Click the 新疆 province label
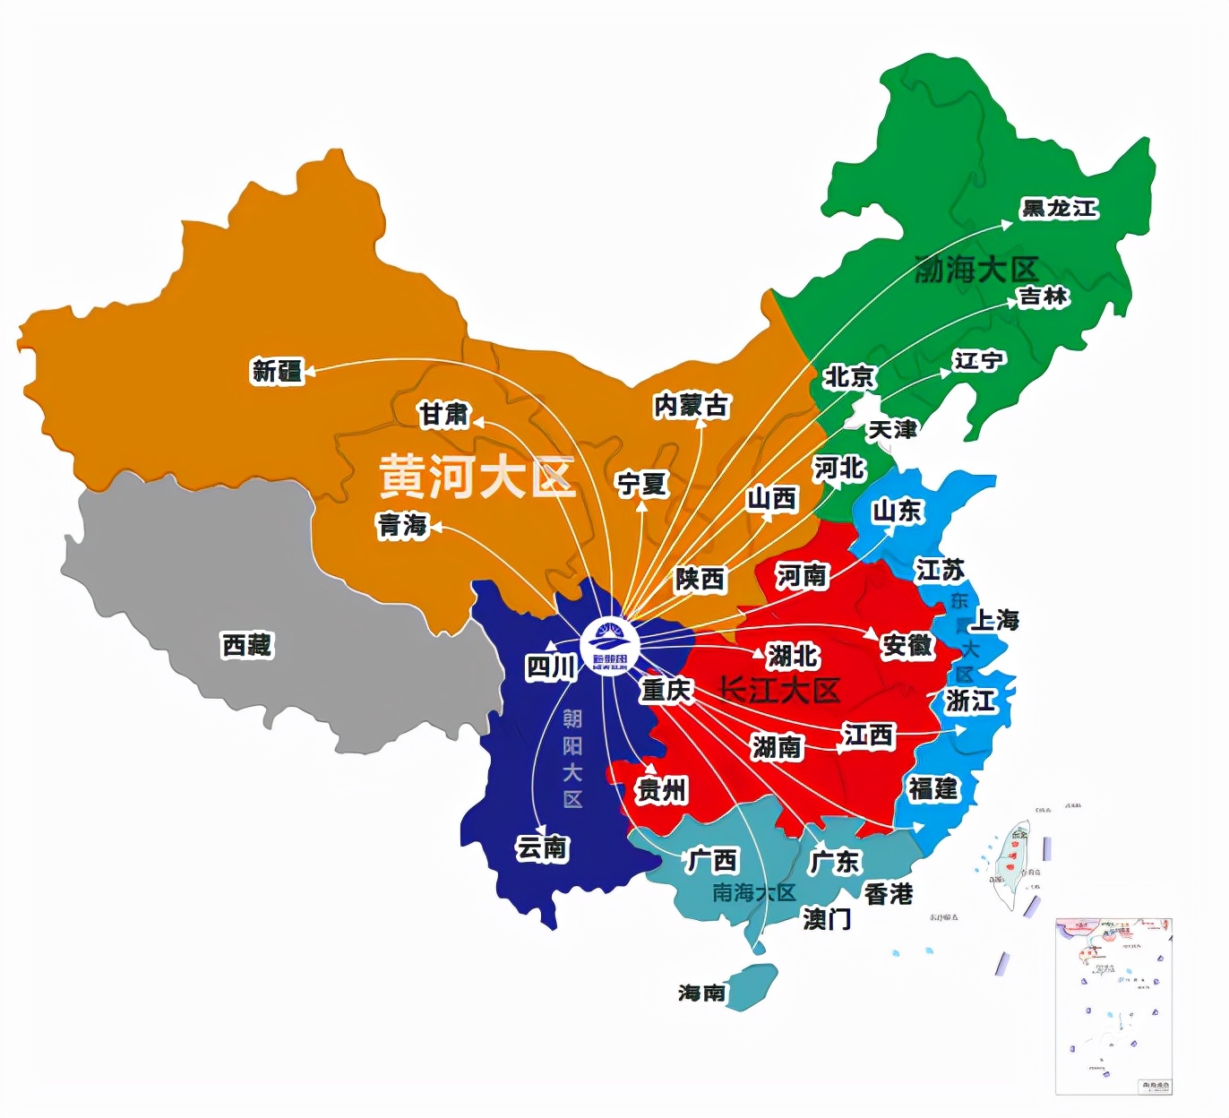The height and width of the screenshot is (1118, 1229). point(278,370)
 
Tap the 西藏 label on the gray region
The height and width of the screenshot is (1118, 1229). point(246,644)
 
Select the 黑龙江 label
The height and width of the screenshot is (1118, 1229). point(1059,209)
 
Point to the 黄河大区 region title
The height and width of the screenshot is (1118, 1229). point(476,476)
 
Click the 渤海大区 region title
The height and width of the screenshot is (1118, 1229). point(975,269)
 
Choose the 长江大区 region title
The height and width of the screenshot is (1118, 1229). point(779,690)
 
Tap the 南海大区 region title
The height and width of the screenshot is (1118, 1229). point(753,892)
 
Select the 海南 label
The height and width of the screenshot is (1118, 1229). point(701,993)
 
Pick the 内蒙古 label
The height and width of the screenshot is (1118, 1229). point(691,406)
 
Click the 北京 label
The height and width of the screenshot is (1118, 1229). point(849,377)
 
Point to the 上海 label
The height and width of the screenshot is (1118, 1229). point(995,620)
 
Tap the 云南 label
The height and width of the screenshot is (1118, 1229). point(542,847)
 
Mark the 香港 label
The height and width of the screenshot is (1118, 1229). point(888,894)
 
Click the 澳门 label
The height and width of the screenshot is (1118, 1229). point(827,919)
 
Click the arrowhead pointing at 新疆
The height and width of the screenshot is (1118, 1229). point(310,368)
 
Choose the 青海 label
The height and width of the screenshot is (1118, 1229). point(402,525)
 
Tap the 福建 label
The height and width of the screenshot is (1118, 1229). point(933,788)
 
